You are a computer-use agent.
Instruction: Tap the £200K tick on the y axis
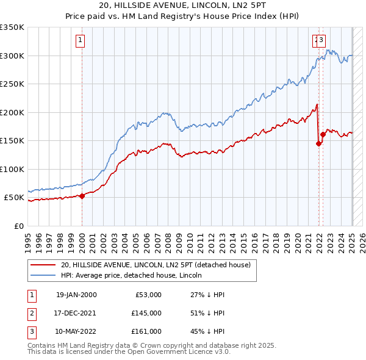tap(12, 112)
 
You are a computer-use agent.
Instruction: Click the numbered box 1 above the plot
tap(81, 41)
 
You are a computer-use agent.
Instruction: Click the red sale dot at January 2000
tap(82, 196)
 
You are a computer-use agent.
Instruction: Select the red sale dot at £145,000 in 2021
tap(318, 144)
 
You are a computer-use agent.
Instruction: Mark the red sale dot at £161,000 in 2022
tap(323, 135)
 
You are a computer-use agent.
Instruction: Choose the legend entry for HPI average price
tap(135, 276)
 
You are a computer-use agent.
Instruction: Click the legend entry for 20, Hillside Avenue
tap(156, 265)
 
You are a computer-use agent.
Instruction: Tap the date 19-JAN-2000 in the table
tap(76, 295)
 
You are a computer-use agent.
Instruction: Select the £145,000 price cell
tap(146, 313)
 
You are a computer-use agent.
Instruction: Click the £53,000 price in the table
tap(148, 295)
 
